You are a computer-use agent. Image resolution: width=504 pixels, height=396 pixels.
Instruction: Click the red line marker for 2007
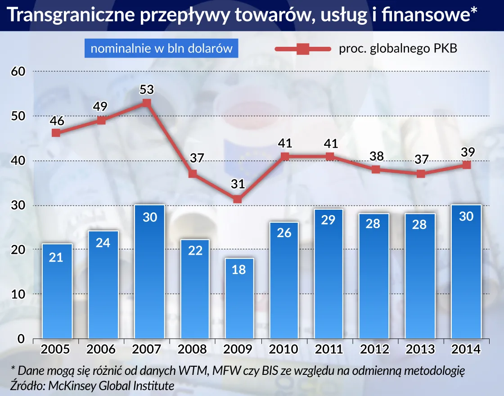click(147, 103)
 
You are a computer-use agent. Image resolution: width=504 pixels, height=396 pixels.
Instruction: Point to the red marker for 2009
click(238, 199)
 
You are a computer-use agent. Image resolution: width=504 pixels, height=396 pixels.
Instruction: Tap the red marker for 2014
click(467, 165)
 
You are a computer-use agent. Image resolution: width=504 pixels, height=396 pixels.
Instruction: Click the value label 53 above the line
click(147, 90)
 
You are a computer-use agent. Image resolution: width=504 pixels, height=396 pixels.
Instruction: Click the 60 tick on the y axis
click(18, 71)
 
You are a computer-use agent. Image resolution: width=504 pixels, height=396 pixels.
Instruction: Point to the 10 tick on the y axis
click(18, 294)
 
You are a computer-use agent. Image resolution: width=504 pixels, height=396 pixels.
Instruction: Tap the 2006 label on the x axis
click(101, 349)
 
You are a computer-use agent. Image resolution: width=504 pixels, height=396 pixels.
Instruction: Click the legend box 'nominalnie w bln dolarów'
click(161, 49)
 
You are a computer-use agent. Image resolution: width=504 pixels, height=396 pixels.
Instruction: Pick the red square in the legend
click(302, 49)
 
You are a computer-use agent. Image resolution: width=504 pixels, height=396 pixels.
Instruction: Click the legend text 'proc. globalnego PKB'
click(398, 49)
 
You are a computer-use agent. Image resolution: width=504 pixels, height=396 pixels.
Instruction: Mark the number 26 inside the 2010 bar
click(284, 233)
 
